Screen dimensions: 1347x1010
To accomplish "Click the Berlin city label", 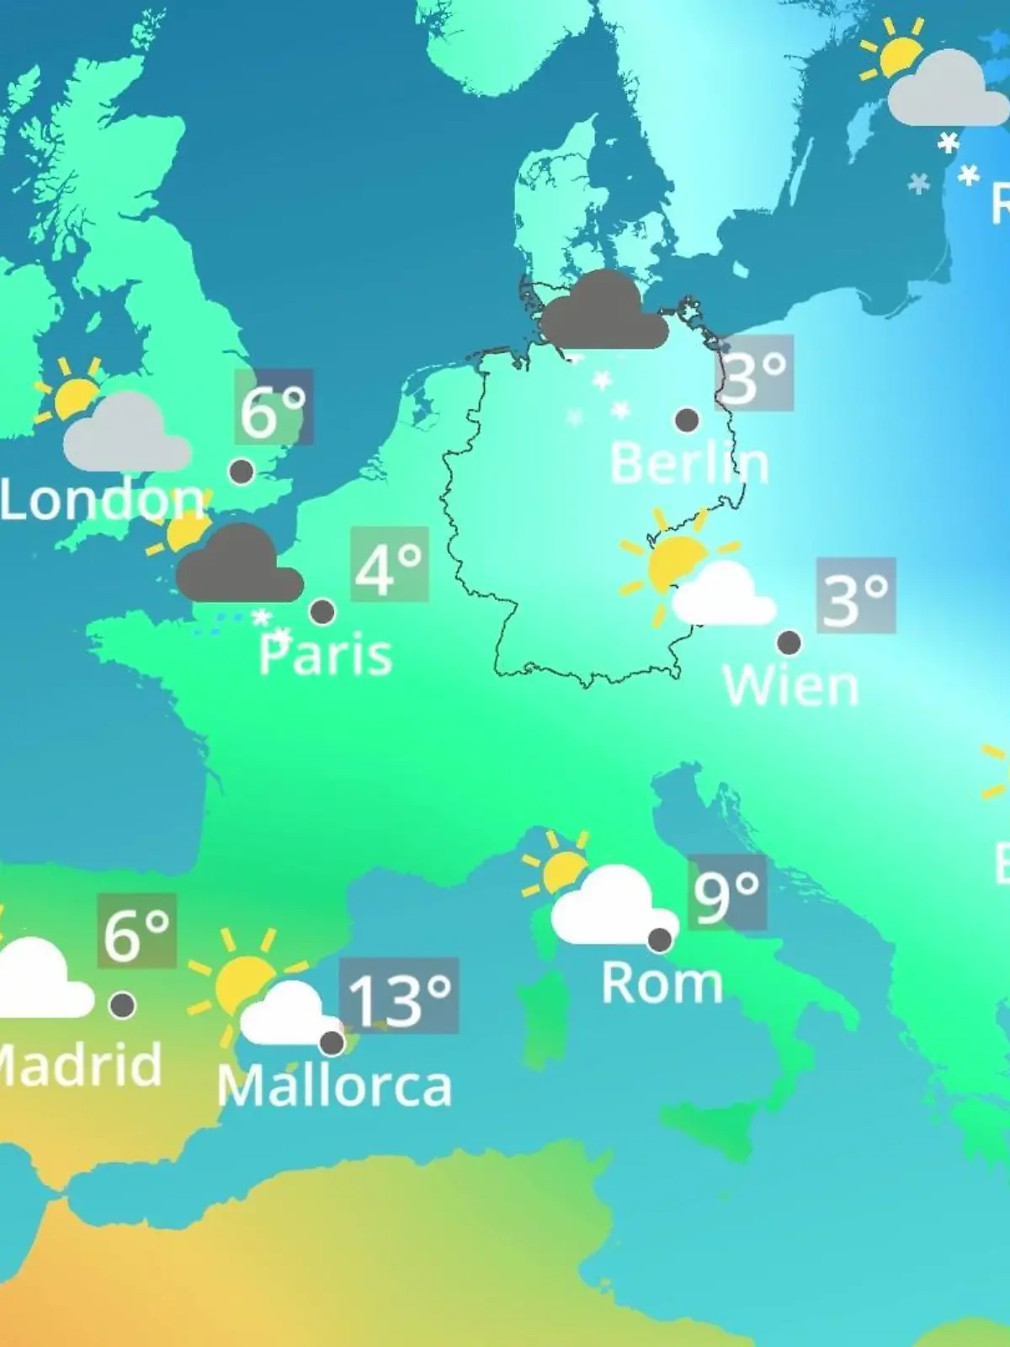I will click(688, 464).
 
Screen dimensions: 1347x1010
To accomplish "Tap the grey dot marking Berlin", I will click(687, 419).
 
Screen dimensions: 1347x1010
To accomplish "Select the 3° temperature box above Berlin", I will click(754, 373).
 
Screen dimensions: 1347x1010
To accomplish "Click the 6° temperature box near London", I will click(274, 407).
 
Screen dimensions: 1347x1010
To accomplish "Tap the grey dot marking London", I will click(242, 471).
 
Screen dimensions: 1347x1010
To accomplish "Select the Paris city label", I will click(326, 655).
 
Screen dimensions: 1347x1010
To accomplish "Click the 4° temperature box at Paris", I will click(389, 565).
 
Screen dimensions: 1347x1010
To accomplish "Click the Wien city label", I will click(791, 685).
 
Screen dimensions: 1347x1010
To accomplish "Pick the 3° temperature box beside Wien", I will click(855, 596).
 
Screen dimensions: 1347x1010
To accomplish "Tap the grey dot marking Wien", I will click(789, 642).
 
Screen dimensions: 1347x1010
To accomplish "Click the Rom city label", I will click(662, 983).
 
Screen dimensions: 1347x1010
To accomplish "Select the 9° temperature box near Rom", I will click(727, 893).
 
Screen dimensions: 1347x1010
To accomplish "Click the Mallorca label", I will click(335, 1086).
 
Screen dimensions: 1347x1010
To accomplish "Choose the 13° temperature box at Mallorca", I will click(399, 996).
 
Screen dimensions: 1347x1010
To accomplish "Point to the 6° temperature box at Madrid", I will click(136, 931).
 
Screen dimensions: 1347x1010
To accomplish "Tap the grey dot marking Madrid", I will click(123, 1004).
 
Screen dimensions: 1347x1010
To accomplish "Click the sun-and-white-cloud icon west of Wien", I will click(697, 572).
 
